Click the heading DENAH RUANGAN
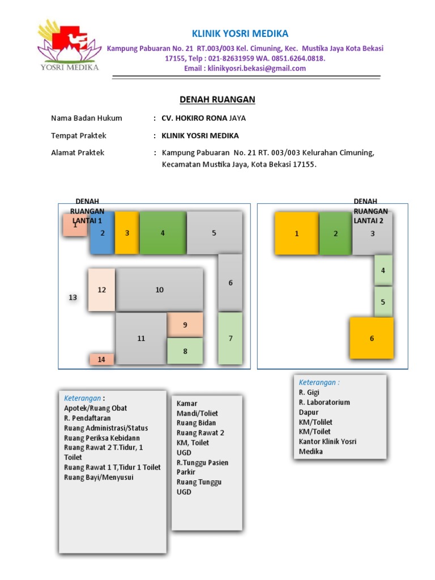pyautogui.click(x=217, y=100)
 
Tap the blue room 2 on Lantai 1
pyautogui.click(x=103, y=233)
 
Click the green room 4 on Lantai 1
pyautogui.click(x=163, y=233)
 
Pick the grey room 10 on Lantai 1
pyautogui.click(x=160, y=289)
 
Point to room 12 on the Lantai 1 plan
pyautogui.click(x=102, y=289)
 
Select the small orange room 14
pyautogui.click(x=101, y=359)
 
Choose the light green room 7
pyautogui.click(x=231, y=338)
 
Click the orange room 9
pyautogui.click(x=185, y=325)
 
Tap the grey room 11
pyautogui.click(x=141, y=338)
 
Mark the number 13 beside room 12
pyautogui.click(x=72, y=297)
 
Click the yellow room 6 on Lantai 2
pyautogui.click(x=372, y=338)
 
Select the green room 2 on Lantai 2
pyautogui.click(x=335, y=233)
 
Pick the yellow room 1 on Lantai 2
pyautogui.click(x=296, y=233)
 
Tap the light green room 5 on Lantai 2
pyautogui.click(x=383, y=301)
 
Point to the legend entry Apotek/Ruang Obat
pyautogui.click(x=96, y=408)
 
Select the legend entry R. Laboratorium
pyautogui.click(x=325, y=402)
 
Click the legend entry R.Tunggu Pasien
pyautogui.click(x=203, y=462)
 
